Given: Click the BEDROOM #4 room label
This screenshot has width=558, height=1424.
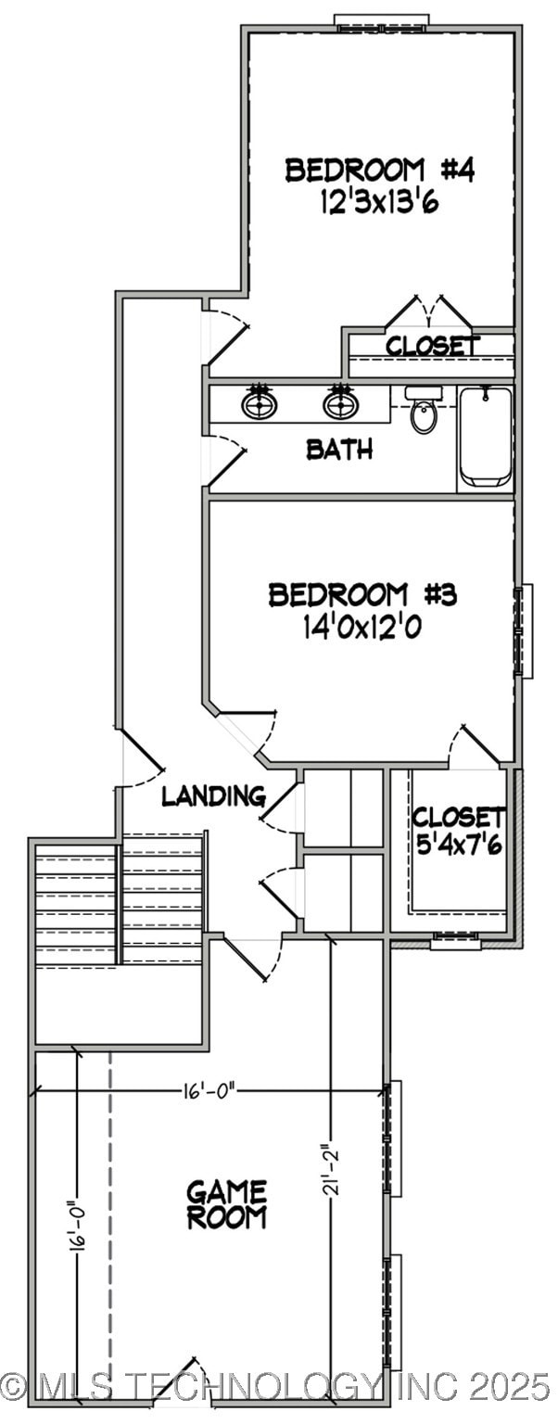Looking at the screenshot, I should [380, 171].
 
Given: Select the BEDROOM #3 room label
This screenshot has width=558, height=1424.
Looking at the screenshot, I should [362, 594].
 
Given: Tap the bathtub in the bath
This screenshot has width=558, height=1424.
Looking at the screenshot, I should [486, 436].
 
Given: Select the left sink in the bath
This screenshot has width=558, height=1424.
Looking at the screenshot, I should [260, 403].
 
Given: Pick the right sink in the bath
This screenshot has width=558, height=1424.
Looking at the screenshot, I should [340, 403].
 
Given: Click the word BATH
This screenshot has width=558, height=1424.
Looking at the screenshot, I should [339, 451].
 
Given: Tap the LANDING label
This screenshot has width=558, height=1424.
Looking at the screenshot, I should [213, 795].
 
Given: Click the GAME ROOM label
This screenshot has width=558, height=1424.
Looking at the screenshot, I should [227, 1204].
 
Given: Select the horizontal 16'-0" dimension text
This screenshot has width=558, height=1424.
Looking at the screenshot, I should [209, 1090].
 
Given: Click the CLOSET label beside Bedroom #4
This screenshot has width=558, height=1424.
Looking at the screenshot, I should [433, 346].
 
